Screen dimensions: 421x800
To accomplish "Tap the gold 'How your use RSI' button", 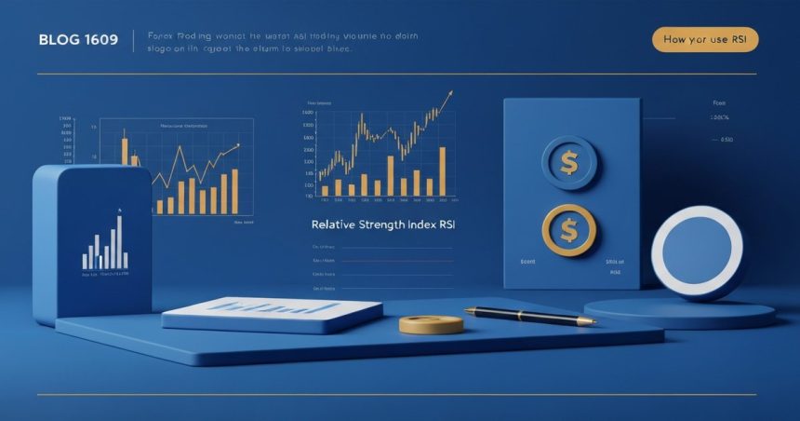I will [705, 39].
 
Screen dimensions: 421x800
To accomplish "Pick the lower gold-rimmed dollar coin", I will [569, 230].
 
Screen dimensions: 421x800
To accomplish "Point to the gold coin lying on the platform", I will [431, 324].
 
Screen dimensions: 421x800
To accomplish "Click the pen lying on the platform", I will [530, 315].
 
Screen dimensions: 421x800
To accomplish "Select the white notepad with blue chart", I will [272, 313].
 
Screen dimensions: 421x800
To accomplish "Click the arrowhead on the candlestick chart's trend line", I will [450, 93].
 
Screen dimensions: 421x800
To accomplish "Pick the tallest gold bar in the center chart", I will [442, 171].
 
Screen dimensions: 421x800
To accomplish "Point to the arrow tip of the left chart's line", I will [239, 144].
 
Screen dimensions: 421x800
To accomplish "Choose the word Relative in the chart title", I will [335, 224].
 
